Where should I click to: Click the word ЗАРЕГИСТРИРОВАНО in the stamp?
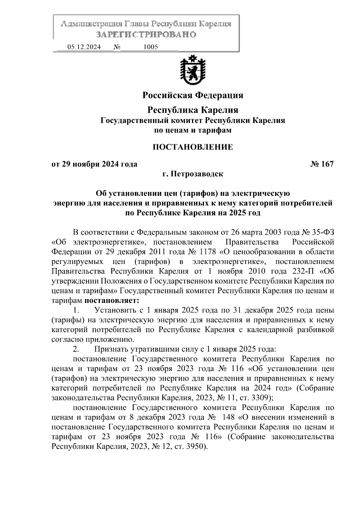(x=146, y=34)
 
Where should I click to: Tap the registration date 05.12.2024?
(x=84, y=47)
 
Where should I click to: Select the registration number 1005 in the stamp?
(x=151, y=47)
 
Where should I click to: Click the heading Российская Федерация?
(x=193, y=95)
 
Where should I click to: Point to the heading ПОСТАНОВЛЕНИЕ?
(x=193, y=147)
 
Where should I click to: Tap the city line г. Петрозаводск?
(x=193, y=174)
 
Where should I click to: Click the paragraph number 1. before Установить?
(x=76, y=310)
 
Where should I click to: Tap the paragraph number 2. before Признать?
(x=76, y=349)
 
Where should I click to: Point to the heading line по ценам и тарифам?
(x=193, y=130)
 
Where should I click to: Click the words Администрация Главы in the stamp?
(x=104, y=24)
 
